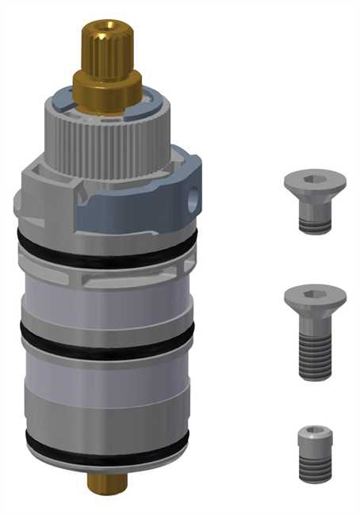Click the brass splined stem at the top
(x=106, y=48)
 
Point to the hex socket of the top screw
(x=315, y=179)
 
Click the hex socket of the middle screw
(x=315, y=294)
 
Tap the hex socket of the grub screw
(x=315, y=432)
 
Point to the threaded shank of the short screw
(x=315, y=218)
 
